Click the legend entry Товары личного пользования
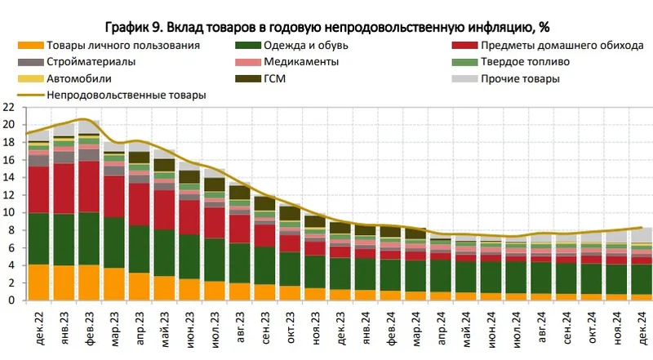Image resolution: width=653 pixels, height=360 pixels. coord(122,45)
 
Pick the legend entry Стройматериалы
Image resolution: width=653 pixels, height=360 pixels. coord(91,62)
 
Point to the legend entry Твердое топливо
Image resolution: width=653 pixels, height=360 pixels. coord(523,62)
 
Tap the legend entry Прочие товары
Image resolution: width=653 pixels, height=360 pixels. coord(519,79)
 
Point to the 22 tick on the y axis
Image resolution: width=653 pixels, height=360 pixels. coord(9,107)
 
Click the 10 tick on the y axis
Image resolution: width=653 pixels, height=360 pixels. coord(9,212)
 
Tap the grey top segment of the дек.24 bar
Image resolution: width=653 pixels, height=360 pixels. coord(641,235)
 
